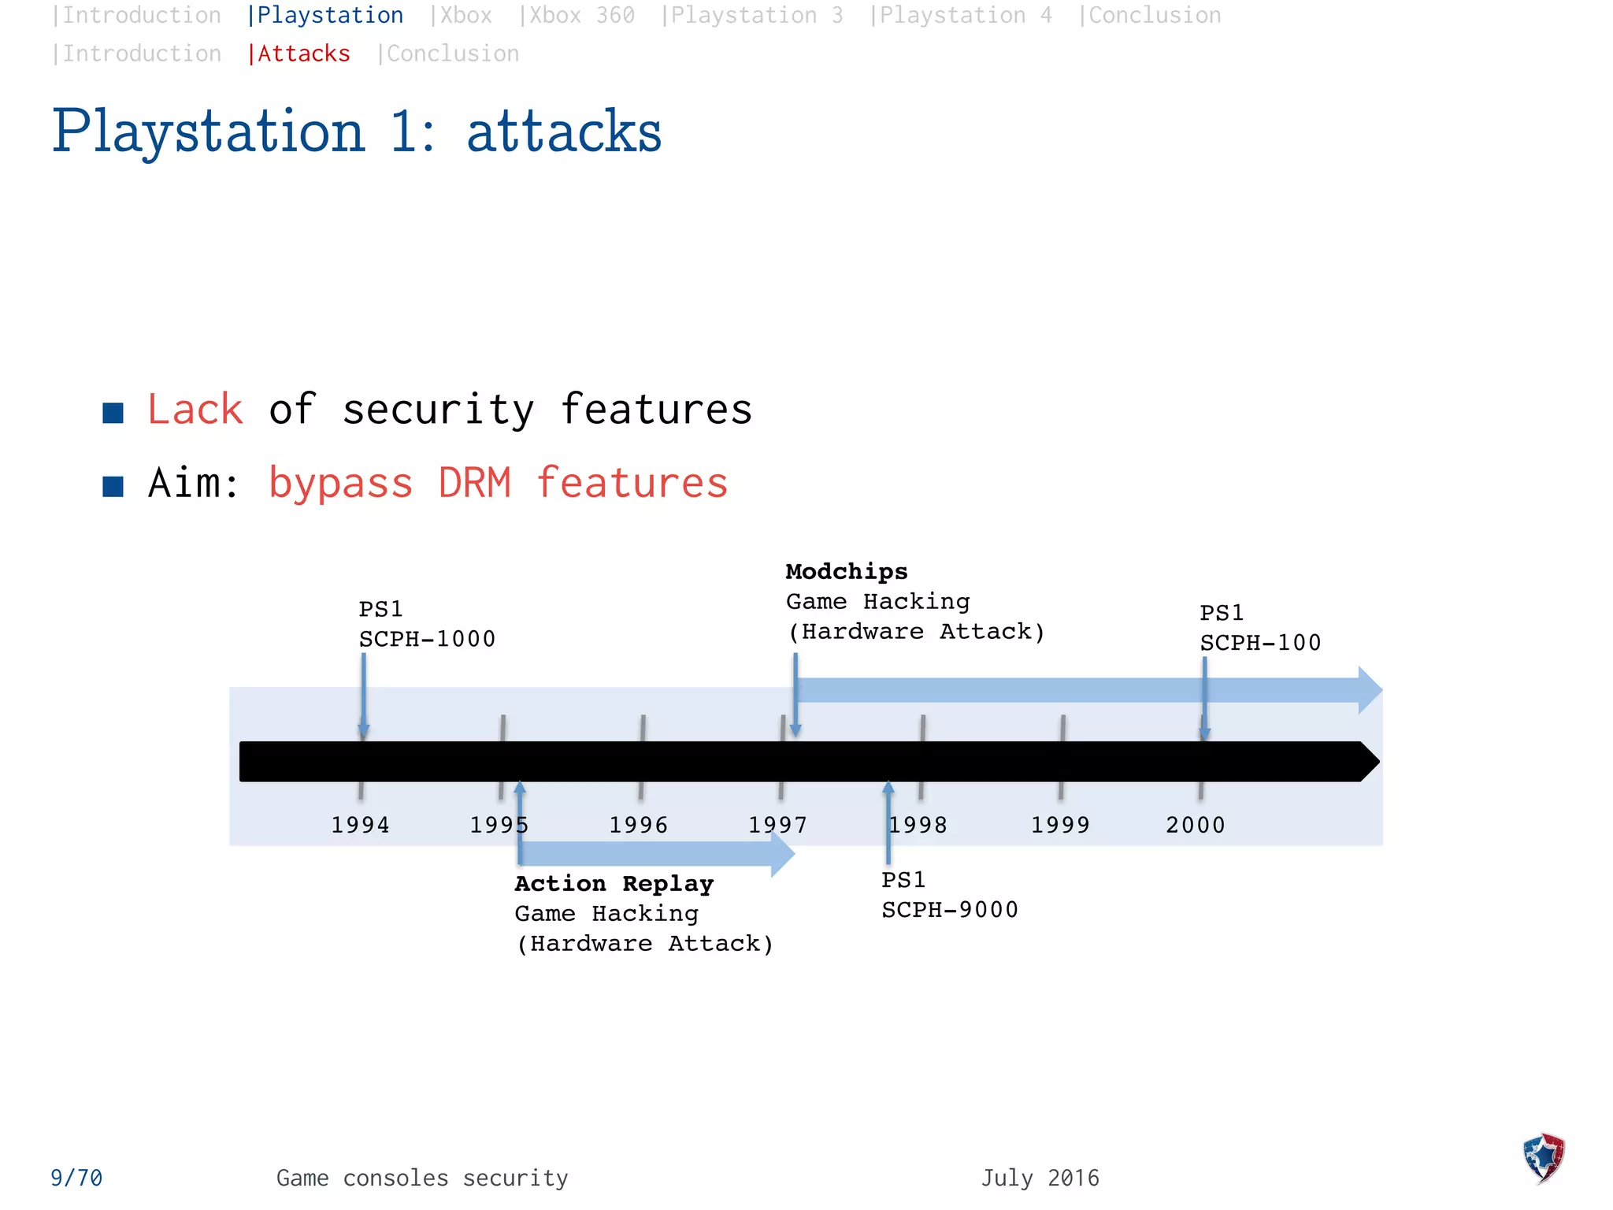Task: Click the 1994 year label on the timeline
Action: click(360, 825)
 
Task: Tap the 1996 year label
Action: click(638, 825)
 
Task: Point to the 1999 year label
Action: click(1060, 825)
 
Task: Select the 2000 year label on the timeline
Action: click(1196, 825)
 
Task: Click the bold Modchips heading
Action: click(847, 572)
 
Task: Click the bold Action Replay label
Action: click(614, 884)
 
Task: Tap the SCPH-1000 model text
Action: click(427, 639)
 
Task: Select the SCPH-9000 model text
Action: click(950, 910)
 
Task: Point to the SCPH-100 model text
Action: click(1260, 643)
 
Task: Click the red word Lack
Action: click(195, 410)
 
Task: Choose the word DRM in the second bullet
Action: click(474, 483)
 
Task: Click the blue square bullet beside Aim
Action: click(113, 486)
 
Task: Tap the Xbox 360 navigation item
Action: click(577, 16)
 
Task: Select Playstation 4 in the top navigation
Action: click(961, 16)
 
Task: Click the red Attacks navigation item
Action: click(299, 54)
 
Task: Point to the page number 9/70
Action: click(76, 1178)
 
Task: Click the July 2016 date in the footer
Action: click(1040, 1178)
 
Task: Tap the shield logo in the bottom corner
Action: click(1544, 1157)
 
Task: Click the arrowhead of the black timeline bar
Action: click(1369, 762)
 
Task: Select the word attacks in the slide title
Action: click(564, 132)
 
